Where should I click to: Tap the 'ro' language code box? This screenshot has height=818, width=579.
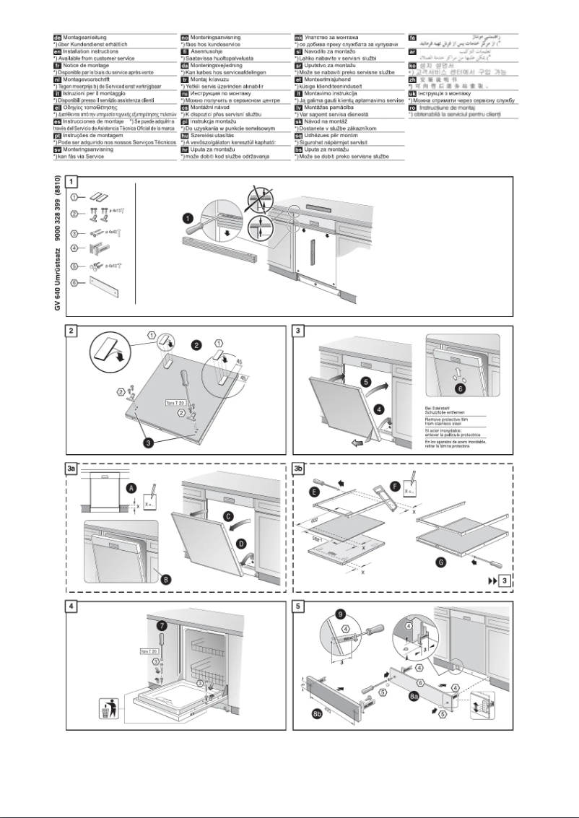413,108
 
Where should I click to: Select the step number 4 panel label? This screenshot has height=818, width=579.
71,608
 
